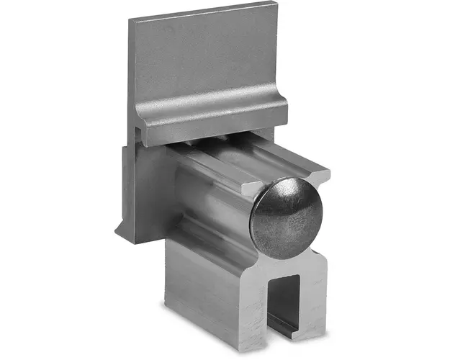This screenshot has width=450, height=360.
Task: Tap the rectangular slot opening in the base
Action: (x=284, y=302)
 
